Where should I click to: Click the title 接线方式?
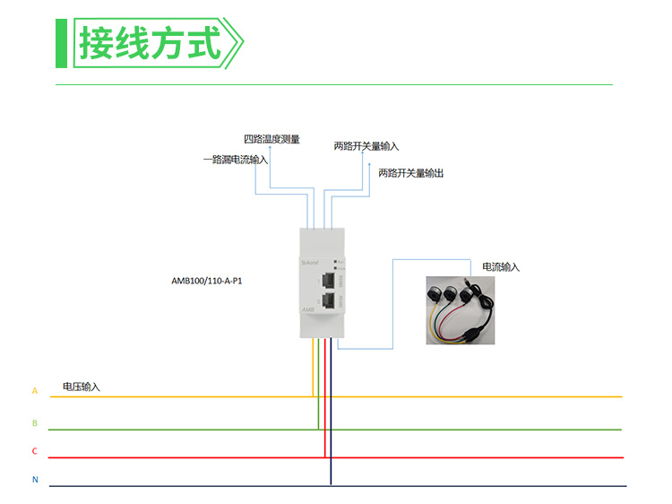tap(149, 42)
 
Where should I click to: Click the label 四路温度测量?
tap(272, 140)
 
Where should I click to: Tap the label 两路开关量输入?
tap(366, 145)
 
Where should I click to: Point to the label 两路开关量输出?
tap(410, 172)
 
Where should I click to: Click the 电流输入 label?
tap(501, 267)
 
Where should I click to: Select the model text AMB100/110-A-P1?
tap(207, 281)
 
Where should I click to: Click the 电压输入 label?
tap(82, 387)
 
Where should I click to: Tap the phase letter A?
tap(35, 391)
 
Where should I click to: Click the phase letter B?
tap(35, 422)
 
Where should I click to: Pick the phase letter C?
tap(35, 451)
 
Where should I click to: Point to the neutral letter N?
tap(35, 480)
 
